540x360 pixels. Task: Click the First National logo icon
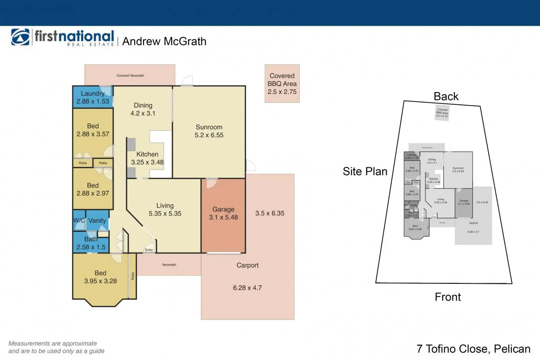[21, 37]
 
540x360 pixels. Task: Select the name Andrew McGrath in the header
[164, 41]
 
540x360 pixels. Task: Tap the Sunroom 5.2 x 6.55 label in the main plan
[209, 131]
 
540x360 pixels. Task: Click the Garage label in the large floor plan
[223, 209]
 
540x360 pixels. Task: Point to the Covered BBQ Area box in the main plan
[282, 83]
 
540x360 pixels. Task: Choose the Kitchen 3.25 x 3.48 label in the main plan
[147, 158]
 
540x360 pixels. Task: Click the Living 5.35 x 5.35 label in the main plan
[165, 209]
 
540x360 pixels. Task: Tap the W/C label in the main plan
[79, 221]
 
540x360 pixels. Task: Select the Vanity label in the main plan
[97, 221]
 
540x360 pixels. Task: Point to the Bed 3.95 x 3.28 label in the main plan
[100, 277]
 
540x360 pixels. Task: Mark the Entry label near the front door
[149, 250]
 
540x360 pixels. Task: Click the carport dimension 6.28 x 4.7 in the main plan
[247, 288]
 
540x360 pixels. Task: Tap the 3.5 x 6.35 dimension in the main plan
[270, 213]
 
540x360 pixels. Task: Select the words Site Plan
[365, 171]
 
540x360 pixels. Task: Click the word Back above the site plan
[446, 96]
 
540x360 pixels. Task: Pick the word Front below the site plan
[447, 297]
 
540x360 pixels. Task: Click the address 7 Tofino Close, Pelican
[473, 349]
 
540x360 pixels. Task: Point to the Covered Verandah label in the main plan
[130, 75]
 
